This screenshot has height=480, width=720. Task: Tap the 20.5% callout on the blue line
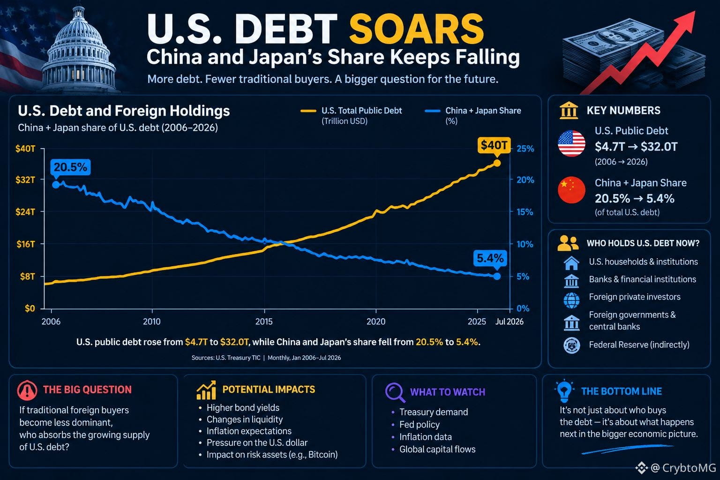coord(70,167)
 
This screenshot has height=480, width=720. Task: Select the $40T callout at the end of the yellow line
coord(494,145)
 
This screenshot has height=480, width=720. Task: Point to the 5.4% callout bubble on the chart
coord(490,258)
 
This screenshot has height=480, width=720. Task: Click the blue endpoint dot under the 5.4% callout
coord(497,276)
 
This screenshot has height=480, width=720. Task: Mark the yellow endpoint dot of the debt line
coord(497,163)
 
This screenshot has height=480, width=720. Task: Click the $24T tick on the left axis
coord(25,212)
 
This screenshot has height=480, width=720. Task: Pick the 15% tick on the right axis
coord(525,212)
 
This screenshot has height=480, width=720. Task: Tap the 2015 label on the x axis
coord(264,322)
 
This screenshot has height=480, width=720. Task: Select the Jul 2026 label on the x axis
coord(510,322)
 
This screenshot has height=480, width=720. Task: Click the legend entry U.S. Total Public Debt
coord(351,115)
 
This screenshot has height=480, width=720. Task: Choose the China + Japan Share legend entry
coord(473,115)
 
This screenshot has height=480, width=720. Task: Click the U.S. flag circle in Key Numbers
coord(571,143)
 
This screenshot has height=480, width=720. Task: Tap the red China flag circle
coord(571,190)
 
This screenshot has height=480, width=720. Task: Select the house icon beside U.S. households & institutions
coord(571,263)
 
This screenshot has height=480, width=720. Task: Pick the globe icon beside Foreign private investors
coord(571,300)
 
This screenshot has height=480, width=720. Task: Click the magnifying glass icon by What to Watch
coord(395,392)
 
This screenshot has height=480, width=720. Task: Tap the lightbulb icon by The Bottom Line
coord(564,390)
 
